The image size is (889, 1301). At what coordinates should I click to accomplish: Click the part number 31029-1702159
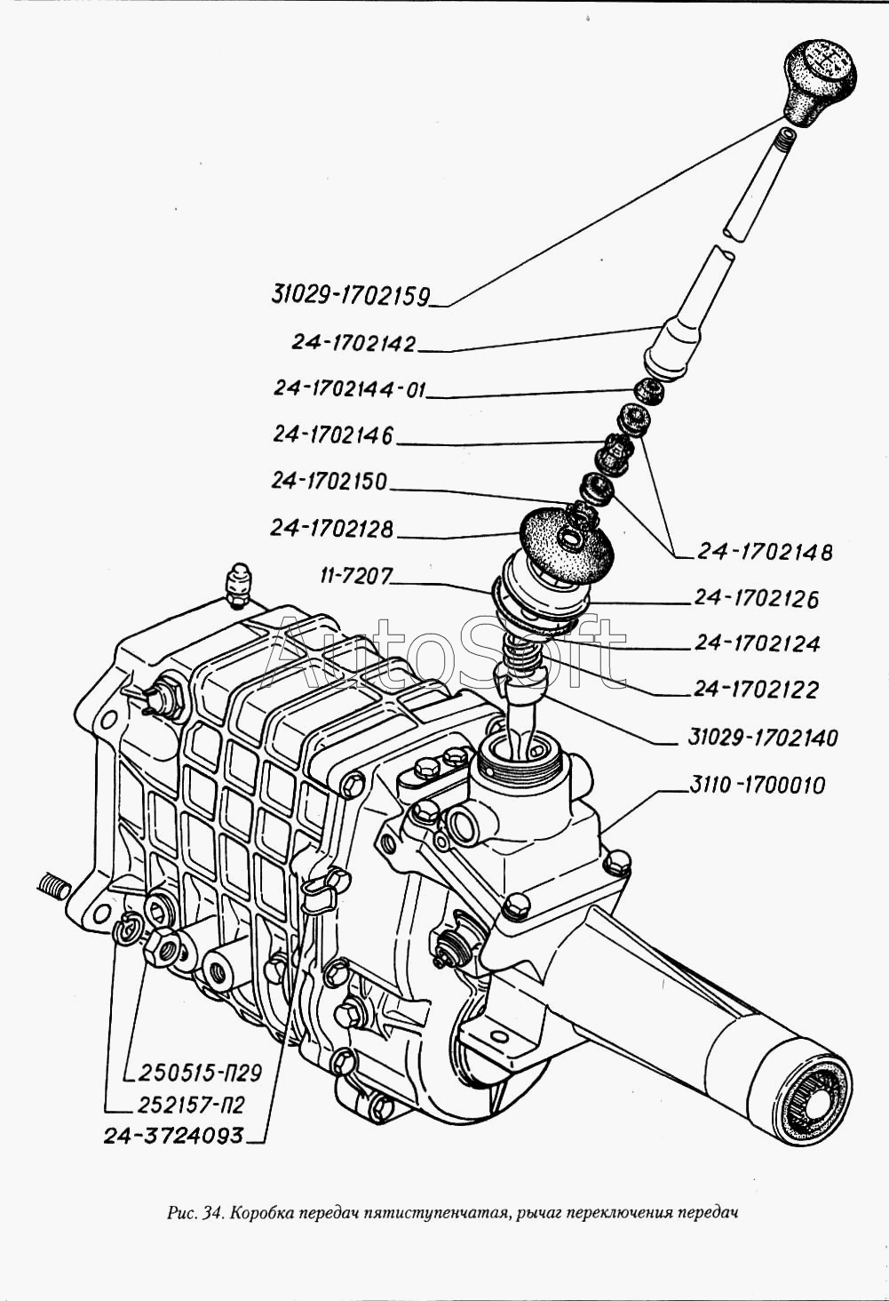[x=350, y=295]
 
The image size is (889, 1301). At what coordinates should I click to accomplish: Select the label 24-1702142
[x=353, y=343]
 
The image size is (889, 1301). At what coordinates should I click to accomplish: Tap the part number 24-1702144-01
[x=350, y=389]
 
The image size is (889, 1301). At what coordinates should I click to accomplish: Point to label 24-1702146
[x=333, y=435]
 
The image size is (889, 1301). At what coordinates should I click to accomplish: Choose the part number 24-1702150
[x=329, y=481]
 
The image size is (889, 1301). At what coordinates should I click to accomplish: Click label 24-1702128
[x=331, y=528]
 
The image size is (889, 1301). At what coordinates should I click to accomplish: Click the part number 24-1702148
[x=765, y=552]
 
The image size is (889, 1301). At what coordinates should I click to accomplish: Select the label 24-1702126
[x=756, y=598]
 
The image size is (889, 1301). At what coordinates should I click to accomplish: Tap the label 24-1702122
[x=757, y=690]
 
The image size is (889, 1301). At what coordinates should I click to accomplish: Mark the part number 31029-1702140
[x=762, y=737]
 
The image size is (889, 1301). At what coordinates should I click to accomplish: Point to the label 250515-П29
[x=200, y=1073]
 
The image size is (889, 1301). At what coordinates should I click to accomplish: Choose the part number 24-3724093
[x=173, y=1135]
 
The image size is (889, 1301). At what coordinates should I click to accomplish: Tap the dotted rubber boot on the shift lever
[x=565, y=539]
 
